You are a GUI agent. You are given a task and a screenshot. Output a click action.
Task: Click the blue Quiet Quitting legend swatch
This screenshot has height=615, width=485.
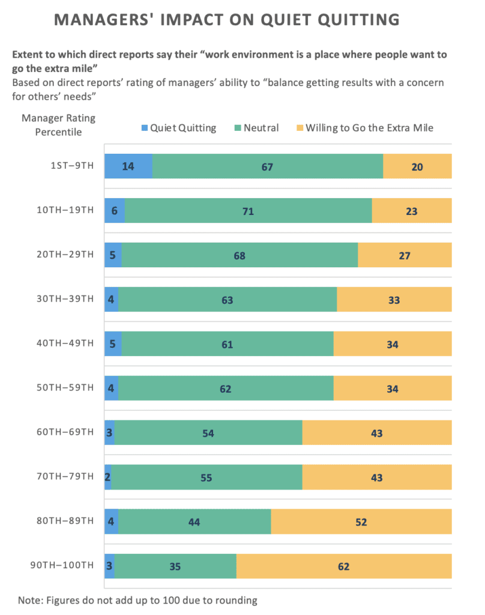click(144, 128)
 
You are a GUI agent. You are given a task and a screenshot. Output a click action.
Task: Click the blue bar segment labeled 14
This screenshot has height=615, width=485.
click(128, 166)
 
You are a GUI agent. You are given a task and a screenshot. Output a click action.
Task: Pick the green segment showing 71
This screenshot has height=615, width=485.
click(248, 211)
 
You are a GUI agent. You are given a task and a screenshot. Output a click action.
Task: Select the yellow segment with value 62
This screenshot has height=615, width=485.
click(344, 566)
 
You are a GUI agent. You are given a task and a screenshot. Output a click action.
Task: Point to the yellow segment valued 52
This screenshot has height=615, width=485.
click(361, 522)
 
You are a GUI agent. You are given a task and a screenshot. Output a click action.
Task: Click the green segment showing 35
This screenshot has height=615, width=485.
click(175, 566)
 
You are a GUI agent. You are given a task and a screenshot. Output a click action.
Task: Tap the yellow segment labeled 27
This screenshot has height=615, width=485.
click(405, 255)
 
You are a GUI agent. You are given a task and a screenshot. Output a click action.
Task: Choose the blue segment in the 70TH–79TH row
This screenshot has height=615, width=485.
click(107, 477)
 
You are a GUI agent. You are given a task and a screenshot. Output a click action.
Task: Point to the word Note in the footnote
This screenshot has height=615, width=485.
click(30, 600)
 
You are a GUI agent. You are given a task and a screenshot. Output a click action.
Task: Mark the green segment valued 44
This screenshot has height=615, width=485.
click(194, 522)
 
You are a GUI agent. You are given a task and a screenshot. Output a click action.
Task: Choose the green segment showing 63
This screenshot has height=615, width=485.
click(227, 300)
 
